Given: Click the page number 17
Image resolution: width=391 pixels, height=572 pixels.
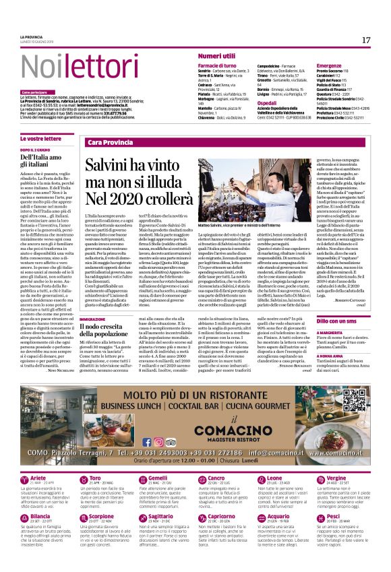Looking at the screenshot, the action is [x=366, y=40].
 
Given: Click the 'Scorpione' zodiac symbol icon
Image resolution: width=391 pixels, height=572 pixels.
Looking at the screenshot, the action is [x=80, y=519].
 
